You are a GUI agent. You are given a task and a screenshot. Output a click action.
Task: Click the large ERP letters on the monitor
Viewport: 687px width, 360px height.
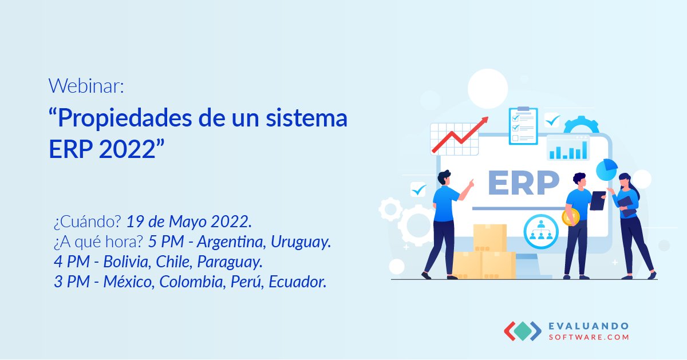(x=523, y=183)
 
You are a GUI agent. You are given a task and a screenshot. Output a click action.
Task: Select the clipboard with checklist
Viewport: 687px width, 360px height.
(x=523, y=126)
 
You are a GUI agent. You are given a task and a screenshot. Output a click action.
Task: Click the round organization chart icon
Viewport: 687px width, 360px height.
(x=540, y=230)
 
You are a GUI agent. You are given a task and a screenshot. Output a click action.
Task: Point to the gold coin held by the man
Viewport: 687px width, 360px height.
(x=571, y=217)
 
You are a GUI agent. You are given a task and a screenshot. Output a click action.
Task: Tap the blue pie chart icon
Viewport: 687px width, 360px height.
(x=606, y=169)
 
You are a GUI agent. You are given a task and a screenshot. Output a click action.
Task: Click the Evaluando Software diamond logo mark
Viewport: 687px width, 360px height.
(x=522, y=331)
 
